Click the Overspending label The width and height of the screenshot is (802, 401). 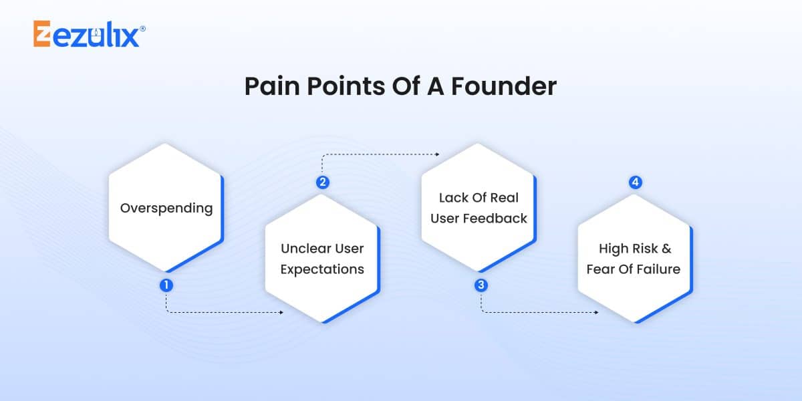click(166, 208)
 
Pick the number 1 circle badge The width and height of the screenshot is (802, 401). click(166, 285)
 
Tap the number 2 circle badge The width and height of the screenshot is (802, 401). click(323, 182)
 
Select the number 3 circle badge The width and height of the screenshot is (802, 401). click(481, 285)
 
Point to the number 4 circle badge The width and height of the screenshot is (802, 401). click(635, 182)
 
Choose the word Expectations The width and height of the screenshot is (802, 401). click(322, 269)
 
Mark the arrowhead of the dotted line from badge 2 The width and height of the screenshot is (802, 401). click(437, 154)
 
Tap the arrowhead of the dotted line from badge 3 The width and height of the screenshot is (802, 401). click(596, 312)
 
